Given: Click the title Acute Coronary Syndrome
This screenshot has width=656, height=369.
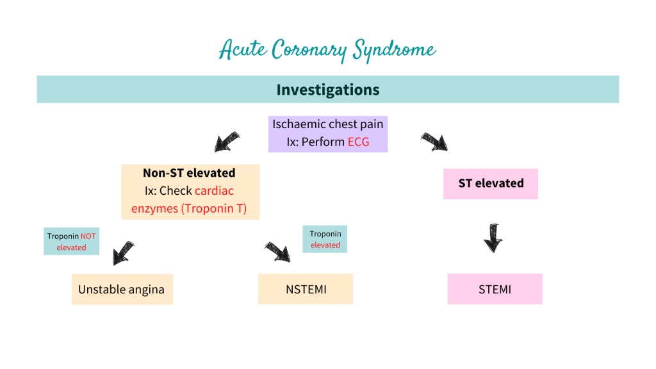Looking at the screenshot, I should point(327,50).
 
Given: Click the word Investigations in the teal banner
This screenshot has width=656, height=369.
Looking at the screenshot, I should point(327,90).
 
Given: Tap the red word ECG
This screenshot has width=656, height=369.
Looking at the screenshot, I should point(359,142).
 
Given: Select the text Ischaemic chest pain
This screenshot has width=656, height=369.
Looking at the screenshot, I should point(327,124).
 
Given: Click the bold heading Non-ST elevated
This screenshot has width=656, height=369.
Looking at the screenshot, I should point(189,173).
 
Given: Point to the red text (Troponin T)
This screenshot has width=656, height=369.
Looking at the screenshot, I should point(215,208).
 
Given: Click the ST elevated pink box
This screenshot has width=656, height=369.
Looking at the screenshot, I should point(491,183).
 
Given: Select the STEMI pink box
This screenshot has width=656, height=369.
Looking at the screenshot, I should point(495,289).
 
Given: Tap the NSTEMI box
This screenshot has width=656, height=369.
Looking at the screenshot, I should point(306,289).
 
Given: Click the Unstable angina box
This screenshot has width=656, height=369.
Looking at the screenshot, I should point(122,289).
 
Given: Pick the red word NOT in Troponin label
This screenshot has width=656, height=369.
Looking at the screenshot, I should point(88,236).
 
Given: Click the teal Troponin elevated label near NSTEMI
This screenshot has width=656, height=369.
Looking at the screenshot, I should point(325,240).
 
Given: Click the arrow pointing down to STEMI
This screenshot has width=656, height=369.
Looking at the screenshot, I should point(493,236).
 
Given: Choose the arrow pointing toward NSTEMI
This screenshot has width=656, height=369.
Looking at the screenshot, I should point(278,251).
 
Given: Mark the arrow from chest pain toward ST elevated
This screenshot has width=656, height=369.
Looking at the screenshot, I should point(434,142).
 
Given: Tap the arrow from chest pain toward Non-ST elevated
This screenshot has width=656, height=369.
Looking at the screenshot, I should point(227,142).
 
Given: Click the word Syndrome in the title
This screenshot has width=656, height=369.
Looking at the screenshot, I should point(395,50).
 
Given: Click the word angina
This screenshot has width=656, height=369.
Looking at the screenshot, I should point(144,290).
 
